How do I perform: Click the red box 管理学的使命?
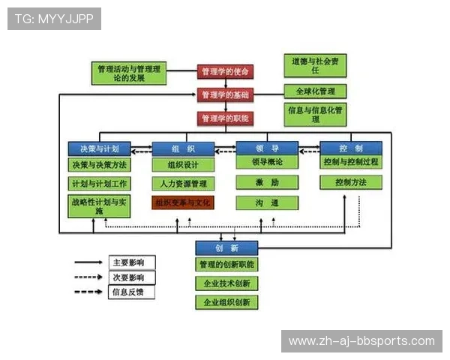click(226, 72)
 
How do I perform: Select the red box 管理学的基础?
click(226, 95)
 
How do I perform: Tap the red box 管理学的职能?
click(226, 118)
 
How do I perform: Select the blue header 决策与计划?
click(99, 148)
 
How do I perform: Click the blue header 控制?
click(351, 148)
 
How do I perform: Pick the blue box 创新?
click(226, 247)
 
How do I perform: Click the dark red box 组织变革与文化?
click(183, 202)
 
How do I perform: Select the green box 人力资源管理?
click(183, 183)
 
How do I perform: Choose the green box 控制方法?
click(351, 182)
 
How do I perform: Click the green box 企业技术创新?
click(226, 283)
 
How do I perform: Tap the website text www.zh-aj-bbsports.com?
click(361, 341)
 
